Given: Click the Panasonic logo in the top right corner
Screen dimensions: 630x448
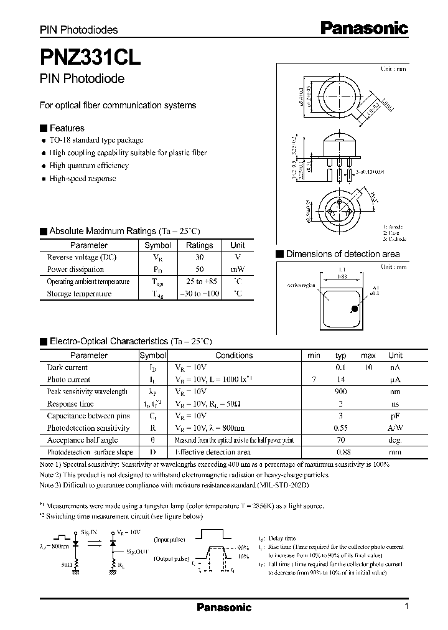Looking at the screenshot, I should click(364, 27).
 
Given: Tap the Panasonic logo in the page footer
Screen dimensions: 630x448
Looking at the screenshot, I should click(224, 607).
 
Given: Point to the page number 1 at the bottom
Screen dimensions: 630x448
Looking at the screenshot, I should click(406, 607).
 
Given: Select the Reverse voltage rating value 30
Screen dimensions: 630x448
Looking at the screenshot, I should click(199, 257).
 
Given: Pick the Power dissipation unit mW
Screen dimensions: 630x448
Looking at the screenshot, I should click(237, 270).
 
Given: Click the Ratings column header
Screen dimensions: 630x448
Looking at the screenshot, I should click(199, 245).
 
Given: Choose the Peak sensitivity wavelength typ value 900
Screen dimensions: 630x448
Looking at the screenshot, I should click(340, 392).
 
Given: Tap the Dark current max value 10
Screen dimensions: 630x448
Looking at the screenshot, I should click(368, 367).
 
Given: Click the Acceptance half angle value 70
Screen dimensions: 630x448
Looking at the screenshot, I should click(340, 440).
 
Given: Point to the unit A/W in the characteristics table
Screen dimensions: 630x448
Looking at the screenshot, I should click(395, 428).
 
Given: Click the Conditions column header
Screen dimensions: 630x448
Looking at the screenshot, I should click(234, 355).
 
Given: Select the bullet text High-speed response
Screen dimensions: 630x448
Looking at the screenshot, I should click(83, 179).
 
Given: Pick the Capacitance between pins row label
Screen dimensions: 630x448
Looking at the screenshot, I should click(88, 415).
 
